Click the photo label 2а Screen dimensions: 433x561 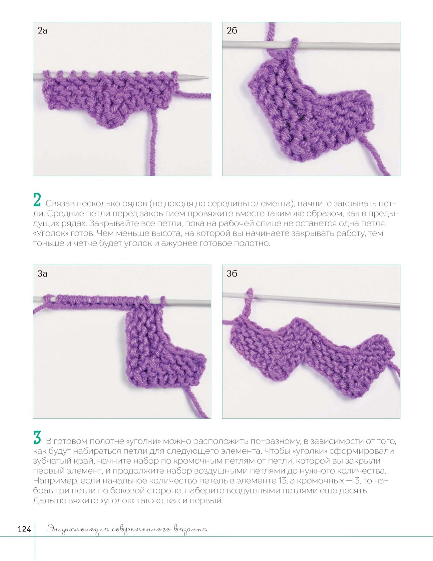42,31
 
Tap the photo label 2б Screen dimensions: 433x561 232,31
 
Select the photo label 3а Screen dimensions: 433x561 42,274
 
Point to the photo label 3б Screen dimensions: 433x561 232,274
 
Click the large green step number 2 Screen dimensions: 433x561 37,201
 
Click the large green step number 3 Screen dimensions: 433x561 37,438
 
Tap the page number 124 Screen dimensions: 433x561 24,529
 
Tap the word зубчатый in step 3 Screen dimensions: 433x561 52,461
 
